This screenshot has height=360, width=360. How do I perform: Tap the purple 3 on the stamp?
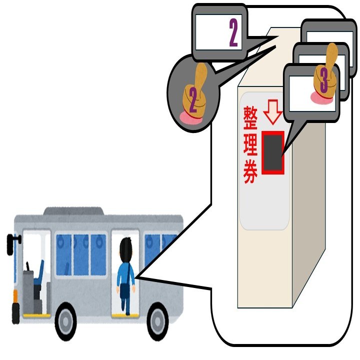pyautogui.click(x=323, y=80)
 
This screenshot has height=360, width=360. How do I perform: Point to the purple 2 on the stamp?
pyautogui.click(x=192, y=101)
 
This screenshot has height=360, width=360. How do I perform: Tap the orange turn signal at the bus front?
pyautogui.click(x=16, y=295)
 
